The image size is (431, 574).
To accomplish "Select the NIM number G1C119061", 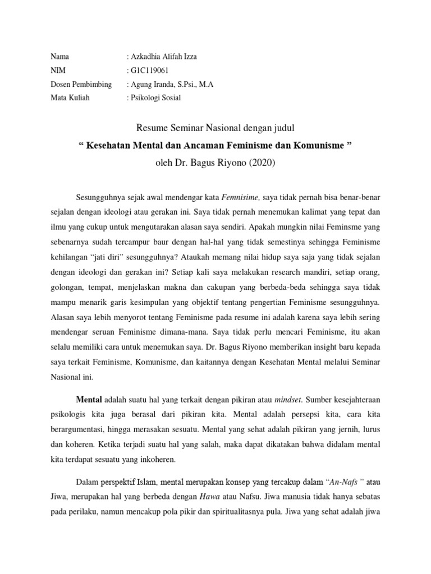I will [150, 71].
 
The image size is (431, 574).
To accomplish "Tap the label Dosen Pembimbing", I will [81, 85].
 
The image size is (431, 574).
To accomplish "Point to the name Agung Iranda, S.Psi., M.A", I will [172, 85].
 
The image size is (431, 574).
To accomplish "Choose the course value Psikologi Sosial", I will [156, 98].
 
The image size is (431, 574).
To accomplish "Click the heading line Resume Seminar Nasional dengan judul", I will [215, 129].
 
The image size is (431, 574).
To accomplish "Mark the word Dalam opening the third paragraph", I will [86, 480].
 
